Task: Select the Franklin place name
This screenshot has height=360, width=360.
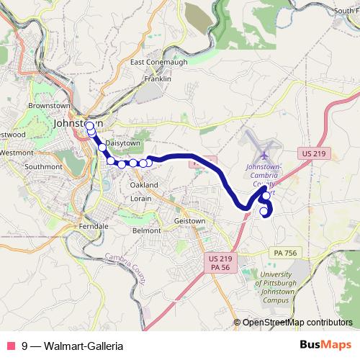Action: coord(158,78)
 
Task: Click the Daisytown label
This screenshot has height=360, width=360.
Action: coord(123,143)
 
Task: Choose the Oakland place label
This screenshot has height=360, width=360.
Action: coord(144,185)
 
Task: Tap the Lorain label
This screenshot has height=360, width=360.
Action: coord(141,198)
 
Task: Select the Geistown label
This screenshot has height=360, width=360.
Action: coord(191,221)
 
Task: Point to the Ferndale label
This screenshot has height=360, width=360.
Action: coord(94,225)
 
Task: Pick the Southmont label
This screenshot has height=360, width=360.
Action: coord(44,166)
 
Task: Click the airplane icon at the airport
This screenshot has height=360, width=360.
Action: coord(264,155)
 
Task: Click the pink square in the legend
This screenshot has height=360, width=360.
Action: coord(11,345)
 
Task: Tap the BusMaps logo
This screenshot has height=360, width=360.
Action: coord(325,344)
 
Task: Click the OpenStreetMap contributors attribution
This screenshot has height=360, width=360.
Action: coord(297,322)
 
